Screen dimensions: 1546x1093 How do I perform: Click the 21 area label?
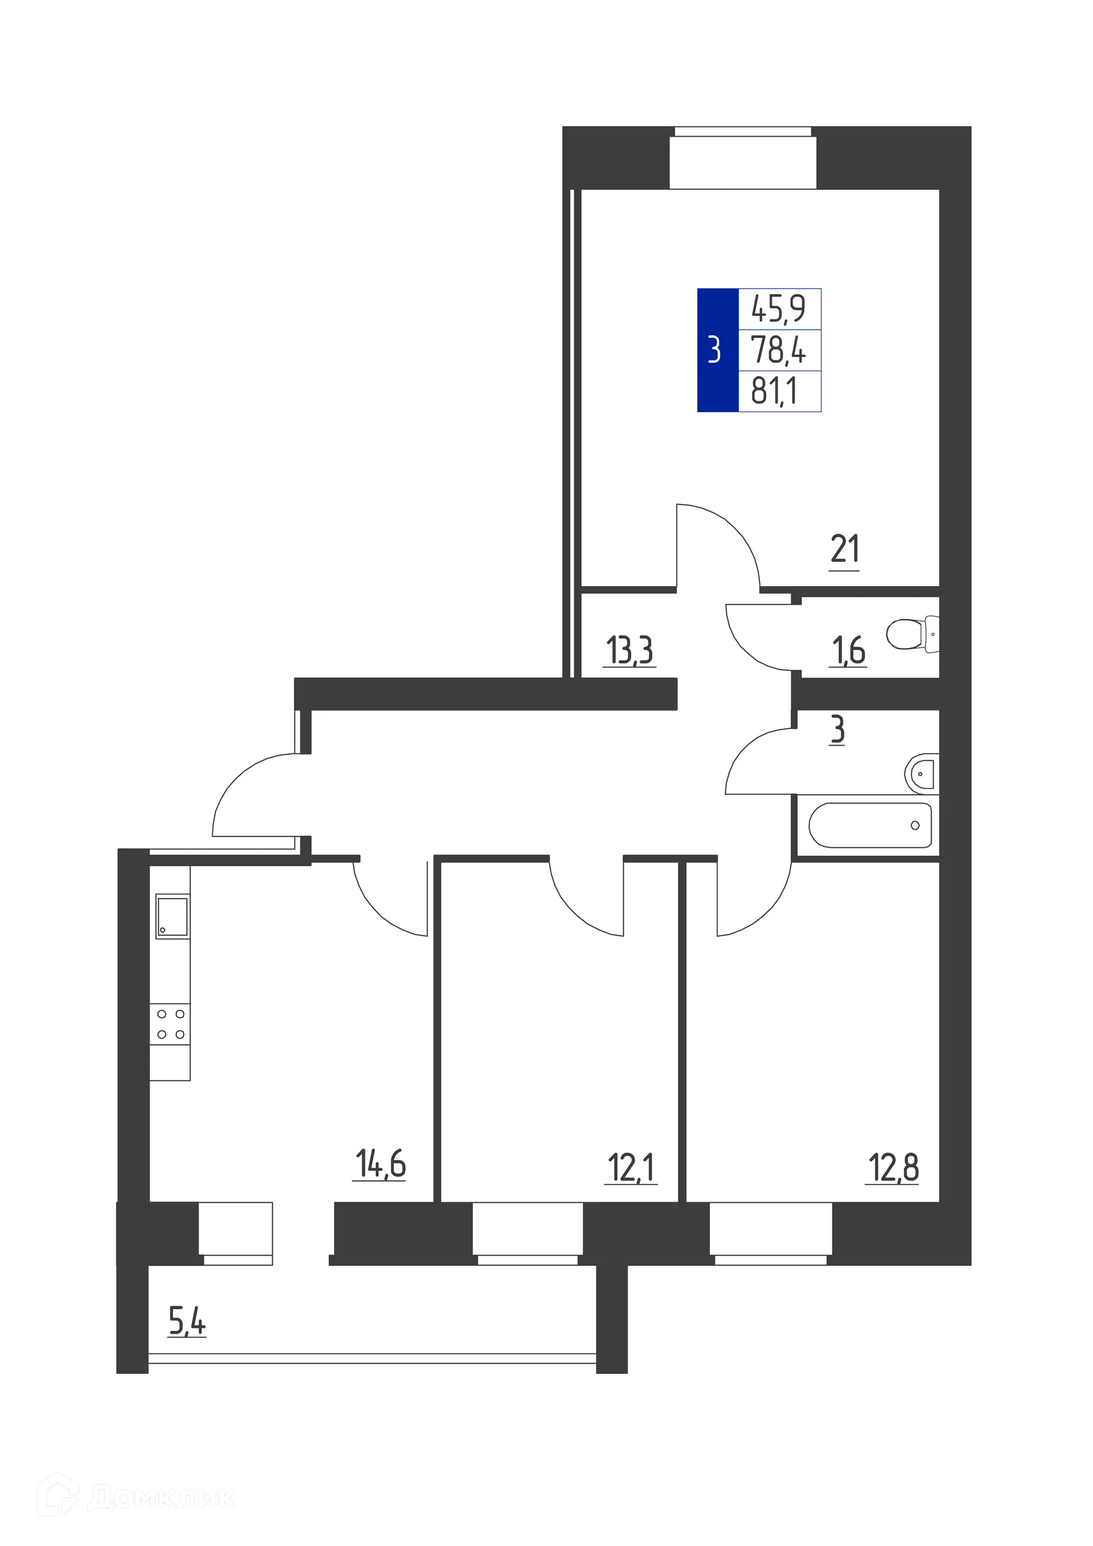[844, 549]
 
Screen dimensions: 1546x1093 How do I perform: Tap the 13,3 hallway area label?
[630, 651]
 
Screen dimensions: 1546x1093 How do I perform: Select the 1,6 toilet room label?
[849, 651]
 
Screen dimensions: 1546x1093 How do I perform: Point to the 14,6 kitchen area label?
[380, 1164]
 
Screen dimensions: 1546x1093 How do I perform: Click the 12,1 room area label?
[631, 1168]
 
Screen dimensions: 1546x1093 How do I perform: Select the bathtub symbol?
[869, 825]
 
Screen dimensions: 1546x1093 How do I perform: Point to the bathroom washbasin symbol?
[921, 774]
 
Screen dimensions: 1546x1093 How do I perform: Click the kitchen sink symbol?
[172, 916]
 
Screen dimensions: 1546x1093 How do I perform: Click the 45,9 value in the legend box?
[779, 309]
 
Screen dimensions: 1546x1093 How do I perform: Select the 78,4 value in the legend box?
[779, 350]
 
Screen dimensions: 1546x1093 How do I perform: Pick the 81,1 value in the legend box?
[774, 390]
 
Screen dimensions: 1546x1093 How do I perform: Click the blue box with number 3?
[717, 350]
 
